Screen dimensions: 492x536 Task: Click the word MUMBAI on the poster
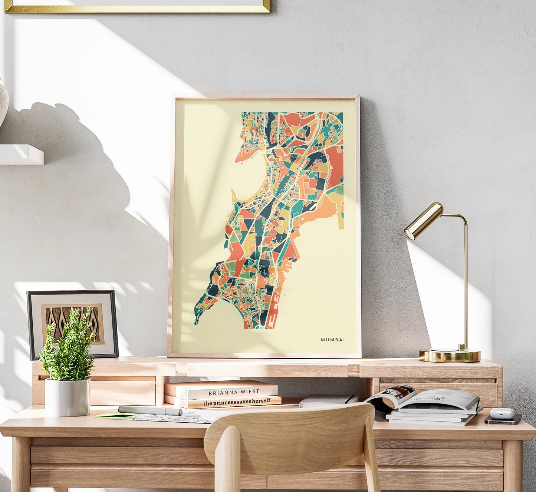[x=333, y=340]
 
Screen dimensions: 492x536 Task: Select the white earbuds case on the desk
[x=502, y=413]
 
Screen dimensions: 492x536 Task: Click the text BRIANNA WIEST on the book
[x=234, y=392]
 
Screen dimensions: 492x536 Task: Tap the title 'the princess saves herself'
[x=237, y=401]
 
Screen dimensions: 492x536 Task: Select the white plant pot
[x=68, y=397]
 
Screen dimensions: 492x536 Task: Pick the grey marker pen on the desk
[x=150, y=410]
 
